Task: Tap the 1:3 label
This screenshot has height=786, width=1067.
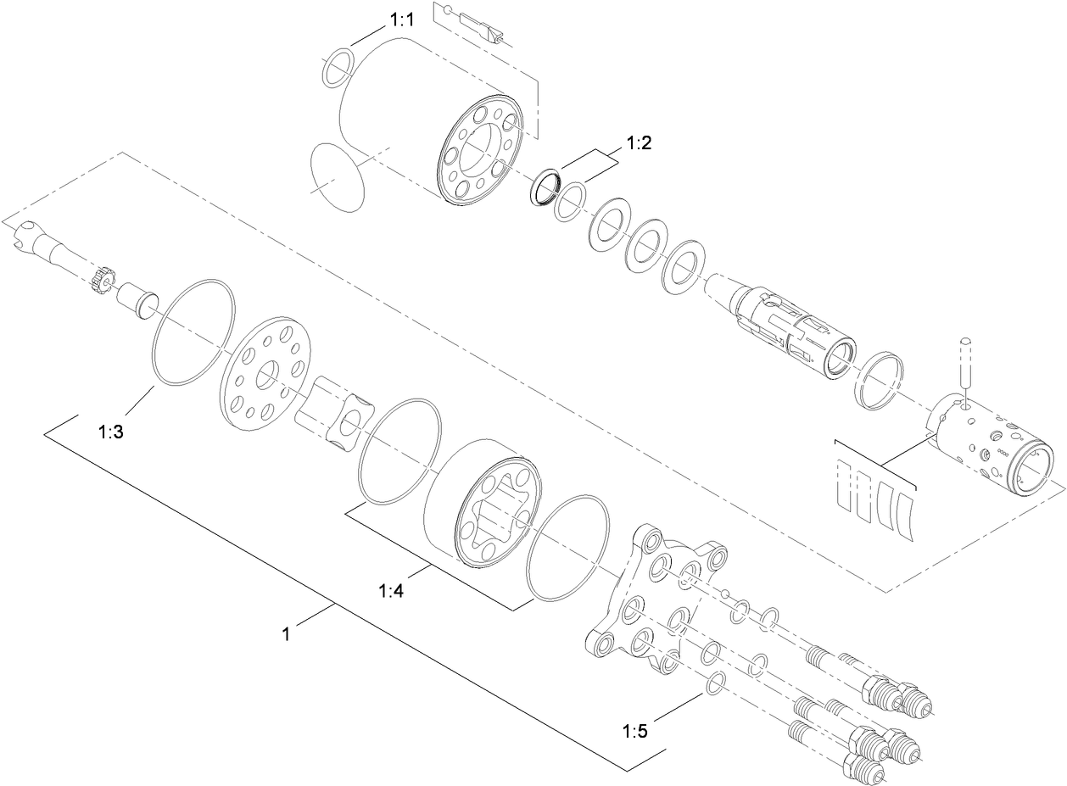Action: [x=111, y=432]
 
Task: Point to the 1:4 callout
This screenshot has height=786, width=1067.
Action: [x=391, y=590]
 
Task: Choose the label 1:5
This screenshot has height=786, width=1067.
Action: [x=635, y=730]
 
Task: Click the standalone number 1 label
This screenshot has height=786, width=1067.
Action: [x=287, y=633]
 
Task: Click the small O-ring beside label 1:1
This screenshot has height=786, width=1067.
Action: [x=338, y=66]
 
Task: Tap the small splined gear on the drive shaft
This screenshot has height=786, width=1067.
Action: [x=102, y=280]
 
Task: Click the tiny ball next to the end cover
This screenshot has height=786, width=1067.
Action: [x=726, y=592]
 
